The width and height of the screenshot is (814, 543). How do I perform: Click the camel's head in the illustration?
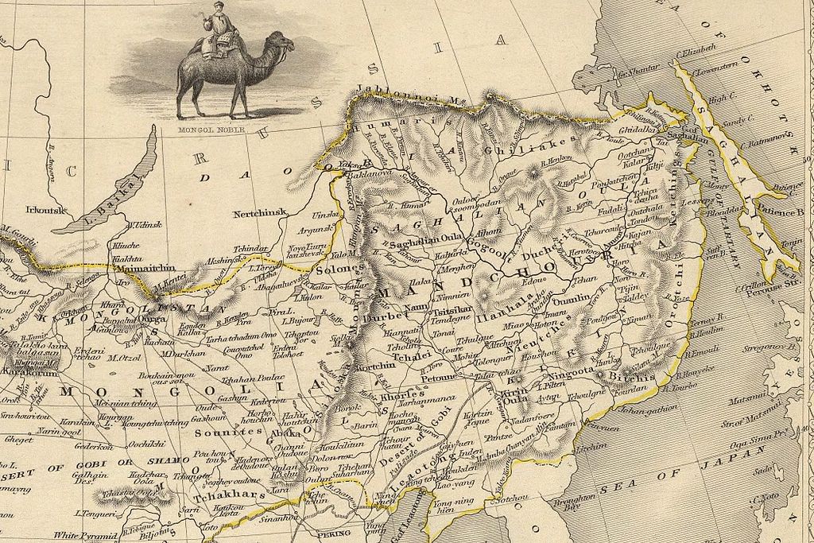[x=283, y=41]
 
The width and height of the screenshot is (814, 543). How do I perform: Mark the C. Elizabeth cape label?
[x=696, y=49]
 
